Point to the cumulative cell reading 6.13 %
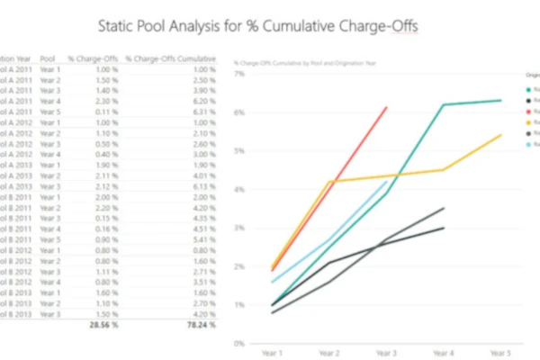tap(204, 186)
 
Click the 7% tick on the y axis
tap(239, 75)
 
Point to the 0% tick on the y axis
tap(239, 343)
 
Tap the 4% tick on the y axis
tap(239, 190)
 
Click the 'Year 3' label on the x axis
tap(386, 354)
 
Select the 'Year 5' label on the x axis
tap(500, 354)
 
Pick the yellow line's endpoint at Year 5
tap(501, 135)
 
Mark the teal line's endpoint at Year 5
tap(501, 101)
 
